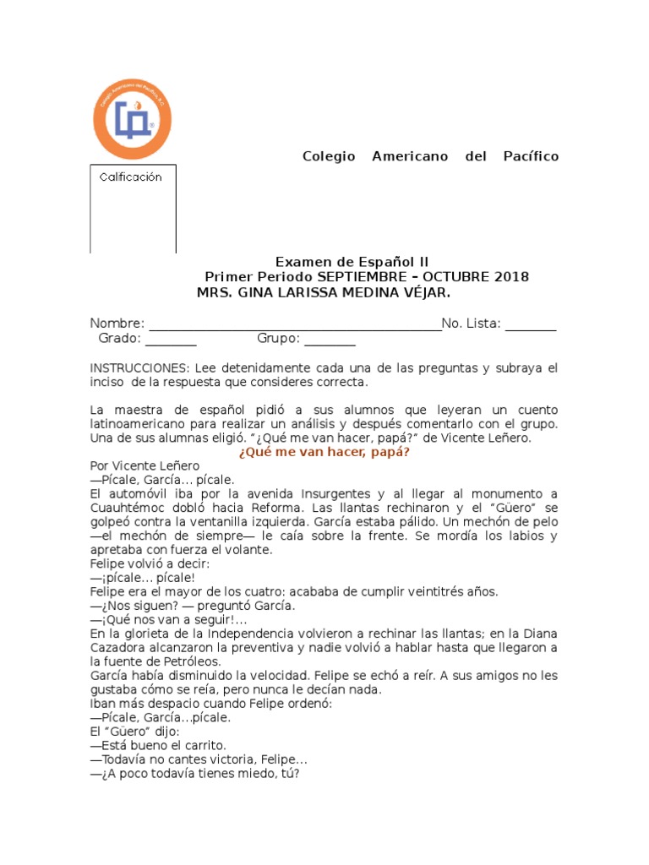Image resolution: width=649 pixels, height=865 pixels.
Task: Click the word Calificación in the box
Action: point(130,177)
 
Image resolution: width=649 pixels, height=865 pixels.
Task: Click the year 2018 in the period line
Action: point(512,278)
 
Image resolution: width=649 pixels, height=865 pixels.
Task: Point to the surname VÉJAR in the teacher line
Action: point(422,292)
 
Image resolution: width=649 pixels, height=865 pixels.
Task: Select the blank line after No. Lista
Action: point(531,324)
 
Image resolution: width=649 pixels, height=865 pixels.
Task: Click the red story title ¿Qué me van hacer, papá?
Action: point(324,452)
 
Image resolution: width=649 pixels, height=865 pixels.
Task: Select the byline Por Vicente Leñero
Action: point(145,466)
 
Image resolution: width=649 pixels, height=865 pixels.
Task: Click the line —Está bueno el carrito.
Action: point(159,746)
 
